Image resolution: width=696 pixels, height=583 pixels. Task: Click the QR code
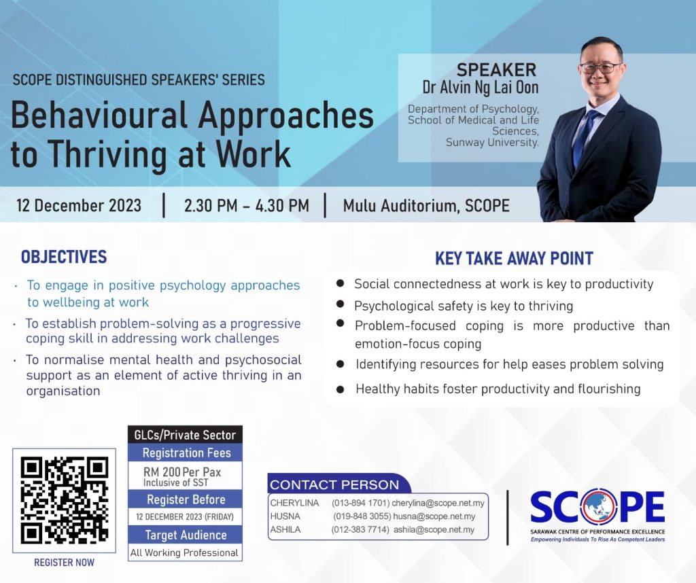click(x=64, y=500)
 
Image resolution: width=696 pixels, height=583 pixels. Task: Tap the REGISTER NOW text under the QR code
click(x=64, y=562)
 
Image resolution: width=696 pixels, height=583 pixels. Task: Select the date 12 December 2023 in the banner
click(x=79, y=205)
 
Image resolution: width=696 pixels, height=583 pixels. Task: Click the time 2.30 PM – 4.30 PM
click(x=246, y=205)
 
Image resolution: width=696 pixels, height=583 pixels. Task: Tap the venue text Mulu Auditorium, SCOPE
click(x=426, y=206)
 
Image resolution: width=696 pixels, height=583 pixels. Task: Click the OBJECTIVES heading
click(x=64, y=257)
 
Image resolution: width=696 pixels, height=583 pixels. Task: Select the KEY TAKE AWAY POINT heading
click(x=514, y=258)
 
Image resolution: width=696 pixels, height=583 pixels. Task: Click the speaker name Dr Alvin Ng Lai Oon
click(x=481, y=87)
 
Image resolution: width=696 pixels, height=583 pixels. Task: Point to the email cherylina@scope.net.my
click(x=438, y=503)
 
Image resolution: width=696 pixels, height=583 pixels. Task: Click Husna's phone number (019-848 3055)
click(x=362, y=516)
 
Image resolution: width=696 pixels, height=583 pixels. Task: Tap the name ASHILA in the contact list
click(x=285, y=530)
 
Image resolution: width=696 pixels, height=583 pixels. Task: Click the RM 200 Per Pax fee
click(x=182, y=472)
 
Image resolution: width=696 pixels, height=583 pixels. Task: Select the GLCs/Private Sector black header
click(x=185, y=435)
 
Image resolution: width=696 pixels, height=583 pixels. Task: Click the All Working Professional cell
click(x=184, y=553)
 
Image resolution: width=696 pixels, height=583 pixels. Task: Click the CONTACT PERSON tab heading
click(x=334, y=484)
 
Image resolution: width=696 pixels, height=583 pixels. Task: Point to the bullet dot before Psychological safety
click(x=341, y=304)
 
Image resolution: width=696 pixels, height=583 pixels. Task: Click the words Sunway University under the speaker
click(x=492, y=143)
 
